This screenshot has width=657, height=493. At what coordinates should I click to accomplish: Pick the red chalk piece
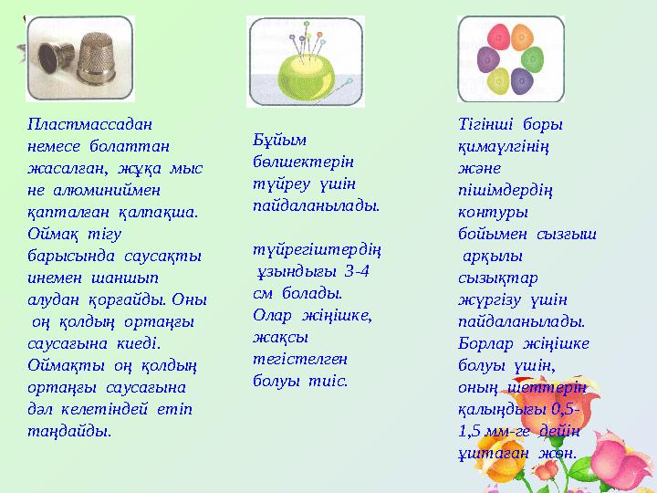pyautogui.click(x=499, y=37)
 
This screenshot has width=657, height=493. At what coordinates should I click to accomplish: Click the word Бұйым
pyautogui.click(x=279, y=140)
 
